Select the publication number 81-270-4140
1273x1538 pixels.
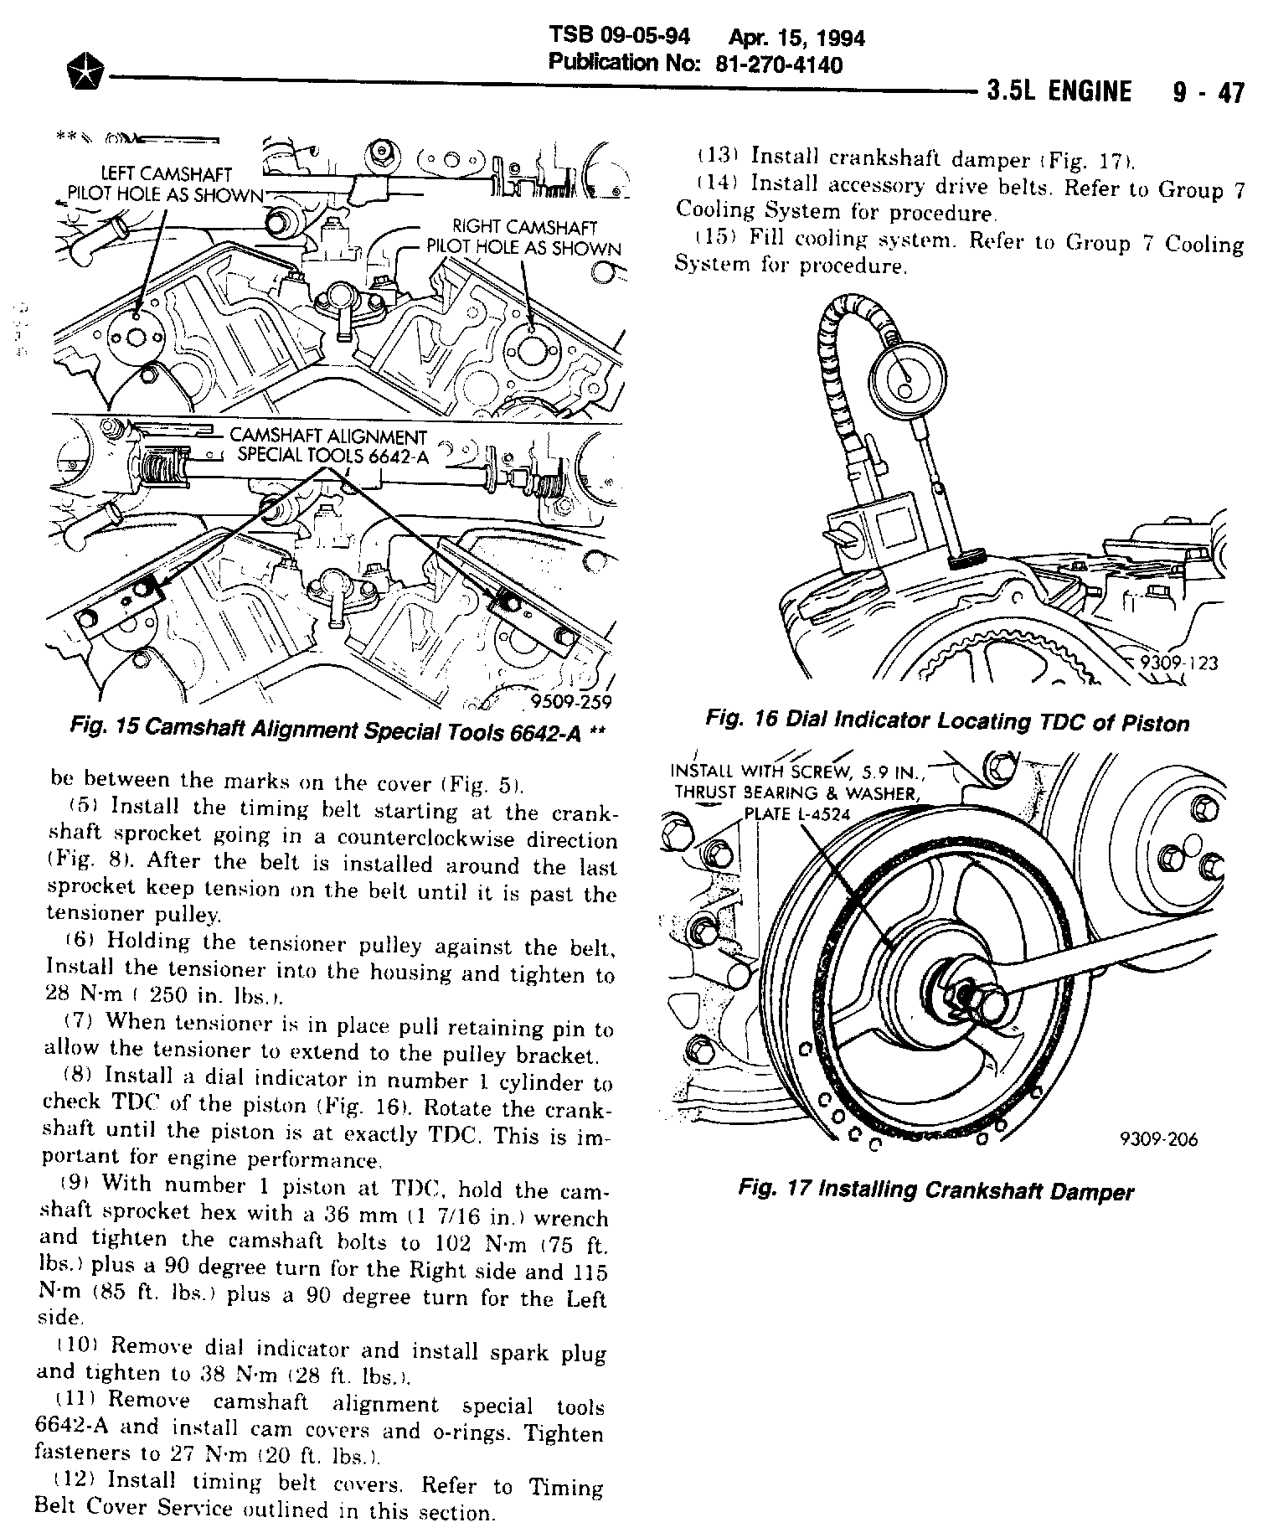[x=779, y=65]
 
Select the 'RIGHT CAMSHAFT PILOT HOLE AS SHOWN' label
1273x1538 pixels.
[x=524, y=237]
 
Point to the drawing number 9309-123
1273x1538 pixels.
[x=1177, y=663]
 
